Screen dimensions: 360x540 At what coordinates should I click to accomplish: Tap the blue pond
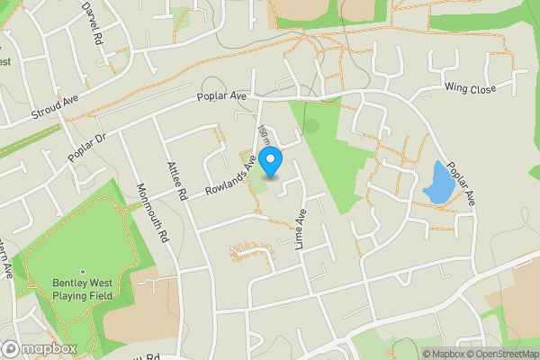pyautogui.click(x=437, y=182)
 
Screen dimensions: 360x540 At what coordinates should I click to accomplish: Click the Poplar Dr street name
pyautogui.click(x=86, y=150)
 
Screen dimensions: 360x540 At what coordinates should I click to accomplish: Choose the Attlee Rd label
pyautogui.click(x=175, y=180)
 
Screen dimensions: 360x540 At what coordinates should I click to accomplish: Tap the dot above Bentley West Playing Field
pyautogui.click(x=82, y=272)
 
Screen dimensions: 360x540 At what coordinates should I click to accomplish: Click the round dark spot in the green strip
pyautogui.click(x=311, y=126)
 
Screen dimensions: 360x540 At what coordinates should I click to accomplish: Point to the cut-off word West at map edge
pyautogui.click(x=4, y=62)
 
